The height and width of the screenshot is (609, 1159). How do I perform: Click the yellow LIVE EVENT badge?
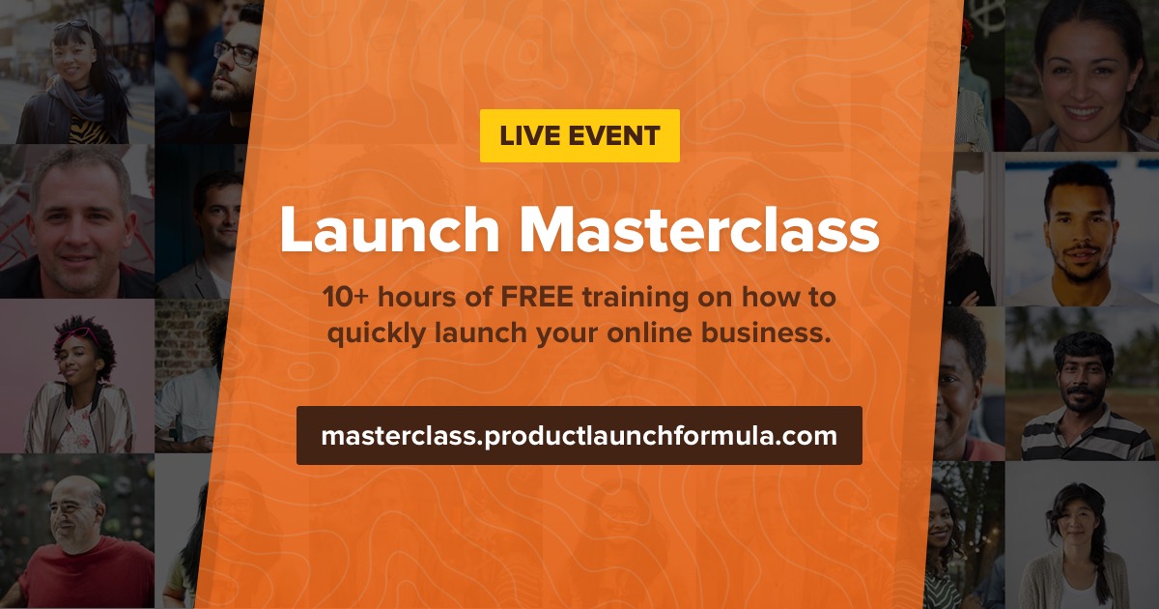pos(579,135)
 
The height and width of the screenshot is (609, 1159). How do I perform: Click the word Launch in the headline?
pos(389,231)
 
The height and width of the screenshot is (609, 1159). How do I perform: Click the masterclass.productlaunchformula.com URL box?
pos(579,435)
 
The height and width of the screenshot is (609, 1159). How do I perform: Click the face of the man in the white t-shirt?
pos(1079,222)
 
